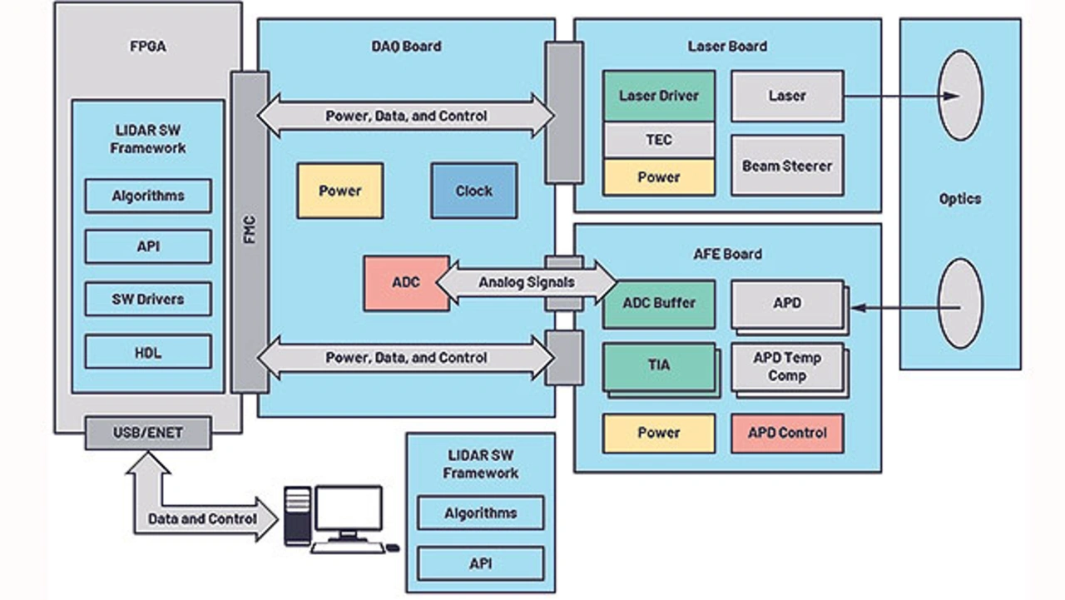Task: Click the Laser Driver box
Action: click(x=659, y=96)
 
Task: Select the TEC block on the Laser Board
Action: click(x=659, y=140)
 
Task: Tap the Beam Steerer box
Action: click(x=787, y=166)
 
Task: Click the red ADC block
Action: click(x=406, y=283)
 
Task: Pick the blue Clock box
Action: click(x=473, y=191)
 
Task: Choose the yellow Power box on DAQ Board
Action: click(x=340, y=191)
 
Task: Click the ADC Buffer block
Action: click(x=659, y=304)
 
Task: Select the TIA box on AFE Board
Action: click(x=659, y=365)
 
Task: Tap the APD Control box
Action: click(x=787, y=433)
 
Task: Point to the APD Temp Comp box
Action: click(x=787, y=367)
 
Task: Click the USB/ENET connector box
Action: click(x=147, y=433)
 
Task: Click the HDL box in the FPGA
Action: click(x=147, y=352)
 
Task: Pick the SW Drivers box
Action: click(x=147, y=299)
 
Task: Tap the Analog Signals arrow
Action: click(x=527, y=282)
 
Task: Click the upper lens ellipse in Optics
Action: click(x=960, y=95)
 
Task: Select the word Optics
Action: click(x=960, y=199)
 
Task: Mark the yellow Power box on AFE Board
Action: click(x=659, y=433)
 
